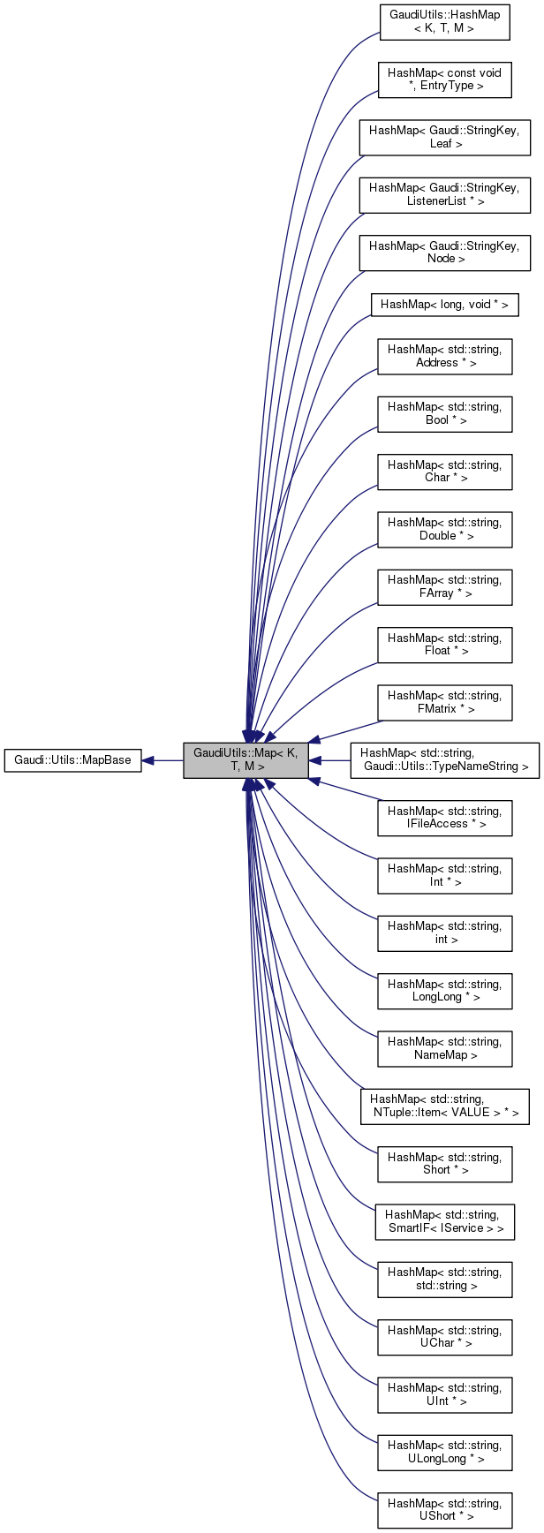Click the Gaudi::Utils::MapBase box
click(73, 760)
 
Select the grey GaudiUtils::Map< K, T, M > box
click(246, 760)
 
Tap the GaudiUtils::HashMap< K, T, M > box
click(444, 22)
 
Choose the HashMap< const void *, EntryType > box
click(444, 79)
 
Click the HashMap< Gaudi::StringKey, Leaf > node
click(444, 137)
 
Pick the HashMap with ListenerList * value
click(444, 194)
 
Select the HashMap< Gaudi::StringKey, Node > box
click(444, 252)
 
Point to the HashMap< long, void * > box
click(444, 305)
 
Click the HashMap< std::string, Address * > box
click(444, 356)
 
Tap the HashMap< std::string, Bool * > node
click(444, 413)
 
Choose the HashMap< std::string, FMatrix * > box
click(444, 702)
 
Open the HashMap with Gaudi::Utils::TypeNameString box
click(444, 760)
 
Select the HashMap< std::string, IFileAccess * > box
click(444, 817)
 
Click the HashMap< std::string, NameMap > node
click(444, 1048)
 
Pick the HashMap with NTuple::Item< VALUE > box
click(444, 1106)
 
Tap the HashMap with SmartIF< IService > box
click(444, 1221)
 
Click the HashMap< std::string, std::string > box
click(444, 1279)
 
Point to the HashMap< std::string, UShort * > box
click(444, 1509)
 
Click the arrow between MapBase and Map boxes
click(162, 760)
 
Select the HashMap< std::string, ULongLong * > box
click(444, 1452)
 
